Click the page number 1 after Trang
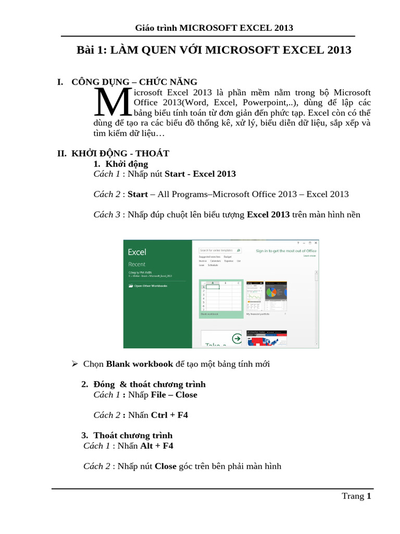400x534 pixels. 369,496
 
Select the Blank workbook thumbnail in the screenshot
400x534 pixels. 221,298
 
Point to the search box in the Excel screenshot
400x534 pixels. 220,250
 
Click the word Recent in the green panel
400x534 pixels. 137,264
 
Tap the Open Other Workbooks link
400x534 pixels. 151,286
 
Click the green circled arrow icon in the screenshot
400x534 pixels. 237,338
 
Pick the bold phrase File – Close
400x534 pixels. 174,395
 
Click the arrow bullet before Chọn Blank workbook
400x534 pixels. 74,363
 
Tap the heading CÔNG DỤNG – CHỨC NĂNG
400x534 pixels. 134,82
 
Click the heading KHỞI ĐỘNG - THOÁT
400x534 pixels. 120,153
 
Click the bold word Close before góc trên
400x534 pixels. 166,466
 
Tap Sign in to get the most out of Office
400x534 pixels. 286,251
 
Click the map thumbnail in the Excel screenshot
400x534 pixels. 267,339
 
